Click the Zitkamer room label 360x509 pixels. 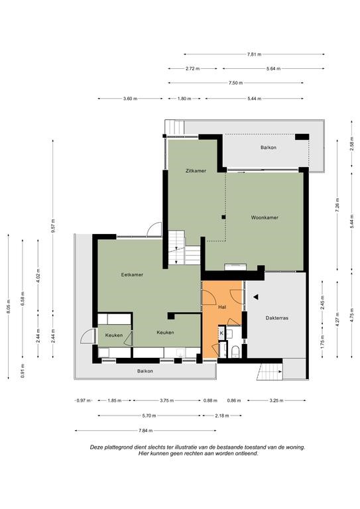coord(196,171)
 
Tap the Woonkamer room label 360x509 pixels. coord(265,217)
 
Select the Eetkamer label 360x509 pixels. coord(132,274)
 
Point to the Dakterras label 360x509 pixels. coord(277,318)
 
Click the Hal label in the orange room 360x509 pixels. coord(222,307)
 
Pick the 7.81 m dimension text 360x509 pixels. coord(254,54)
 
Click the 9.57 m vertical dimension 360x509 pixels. coord(53,225)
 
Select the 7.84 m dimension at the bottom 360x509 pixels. coord(145,431)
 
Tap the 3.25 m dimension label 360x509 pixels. coord(276,400)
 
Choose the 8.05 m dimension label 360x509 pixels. coord(8,306)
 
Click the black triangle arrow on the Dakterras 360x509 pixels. coord(256,297)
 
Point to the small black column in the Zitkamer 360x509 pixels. coord(223,217)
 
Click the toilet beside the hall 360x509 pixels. coord(235,351)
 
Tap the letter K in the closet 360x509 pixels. coord(221,333)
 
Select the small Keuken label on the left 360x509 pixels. coord(114,335)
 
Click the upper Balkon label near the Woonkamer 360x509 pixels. coord(269,147)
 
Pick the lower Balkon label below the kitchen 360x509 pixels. coord(145,371)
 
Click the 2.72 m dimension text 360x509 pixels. coord(193,69)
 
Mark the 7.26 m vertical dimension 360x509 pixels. coord(337,205)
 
